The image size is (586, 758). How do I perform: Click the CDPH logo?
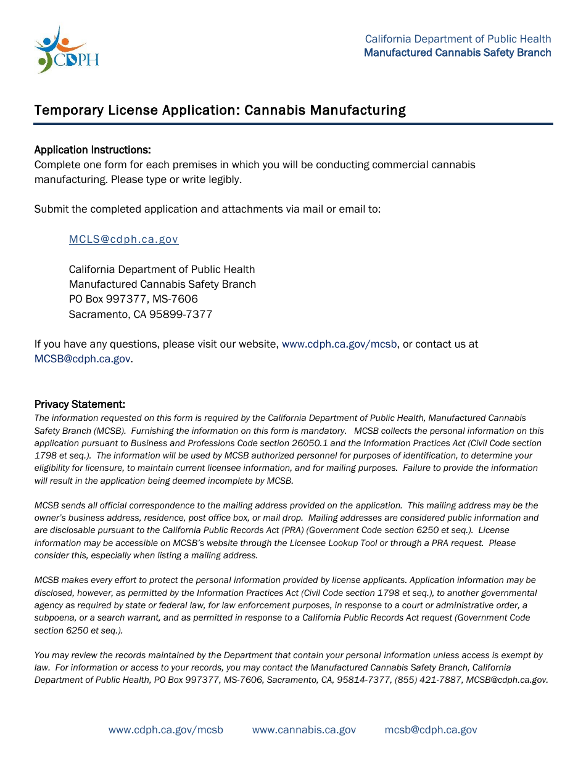pyautogui.click(x=67, y=51)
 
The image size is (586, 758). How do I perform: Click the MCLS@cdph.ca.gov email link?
pyautogui.click(x=123, y=239)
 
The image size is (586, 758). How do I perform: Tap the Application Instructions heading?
pyautogui.click(x=93, y=150)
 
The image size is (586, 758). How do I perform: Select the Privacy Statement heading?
pyautogui.click(x=80, y=404)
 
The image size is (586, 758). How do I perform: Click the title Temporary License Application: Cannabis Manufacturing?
pyautogui.click(x=220, y=110)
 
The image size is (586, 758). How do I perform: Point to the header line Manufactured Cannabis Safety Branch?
pyautogui.click(x=457, y=52)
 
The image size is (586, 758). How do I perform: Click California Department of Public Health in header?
pyautogui.click(x=458, y=39)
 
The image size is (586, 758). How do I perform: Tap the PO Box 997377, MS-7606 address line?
pyautogui.click(x=133, y=299)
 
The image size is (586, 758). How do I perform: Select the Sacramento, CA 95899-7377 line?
pyautogui.click(x=140, y=314)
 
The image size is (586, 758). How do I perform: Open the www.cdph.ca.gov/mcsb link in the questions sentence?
pyautogui.click(x=339, y=344)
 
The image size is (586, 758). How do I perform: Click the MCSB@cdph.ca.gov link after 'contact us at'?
pyautogui.click(x=83, y=359)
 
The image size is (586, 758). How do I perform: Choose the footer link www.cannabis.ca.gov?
pyautogui.click(x=303, y=730)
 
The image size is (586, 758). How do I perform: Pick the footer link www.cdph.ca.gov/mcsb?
pyautogui.click(x=166, y=730)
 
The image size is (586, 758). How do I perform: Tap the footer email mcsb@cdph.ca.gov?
pyautogui.click(x=431, y=730)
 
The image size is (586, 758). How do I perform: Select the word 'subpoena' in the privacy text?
pyautogui.click(x=56, y=617)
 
